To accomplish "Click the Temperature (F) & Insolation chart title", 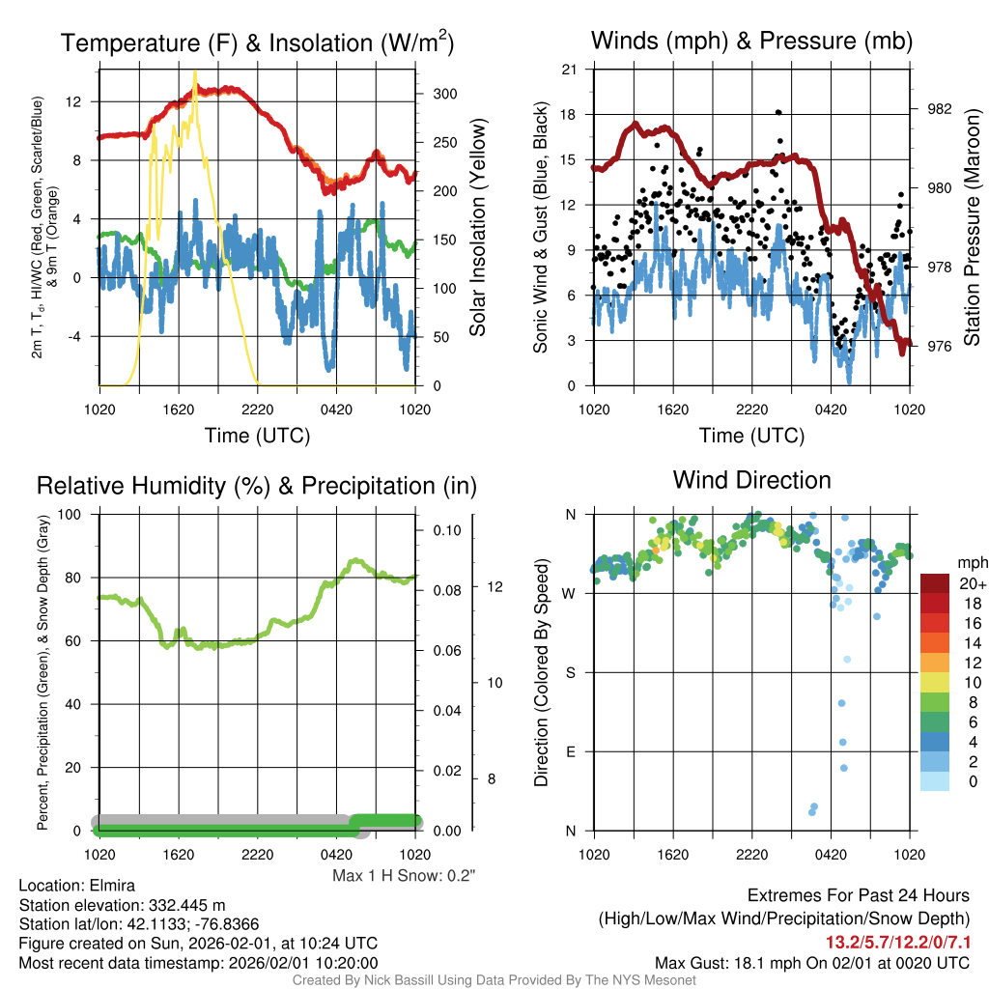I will point(257,42).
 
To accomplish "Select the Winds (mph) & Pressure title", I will point(751,41).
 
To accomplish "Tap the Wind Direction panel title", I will point(751,480).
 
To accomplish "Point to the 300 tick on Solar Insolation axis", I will point(445,94).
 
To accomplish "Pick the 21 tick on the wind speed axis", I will point(569,69).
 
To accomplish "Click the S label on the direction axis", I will point(572,672).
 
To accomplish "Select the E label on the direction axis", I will point(572,751).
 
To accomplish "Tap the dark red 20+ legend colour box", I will point(935,584).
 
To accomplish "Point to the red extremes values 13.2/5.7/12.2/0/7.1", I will point(897,941).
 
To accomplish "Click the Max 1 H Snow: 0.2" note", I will point(405,876).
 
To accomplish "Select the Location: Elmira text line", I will point(77,886).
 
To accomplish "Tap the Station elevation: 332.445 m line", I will point(122,905).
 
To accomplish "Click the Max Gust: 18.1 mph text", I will point(812,962).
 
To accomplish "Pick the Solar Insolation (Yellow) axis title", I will point(476,228).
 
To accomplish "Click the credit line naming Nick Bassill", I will point(494,980).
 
